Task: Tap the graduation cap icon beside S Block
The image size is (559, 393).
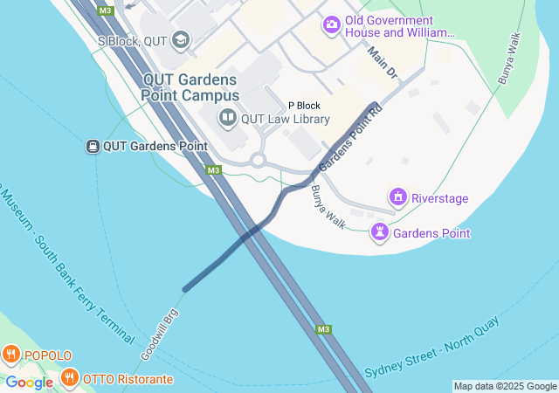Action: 181,38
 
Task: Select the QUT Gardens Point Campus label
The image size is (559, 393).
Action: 191,86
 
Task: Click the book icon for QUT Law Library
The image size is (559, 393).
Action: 227,117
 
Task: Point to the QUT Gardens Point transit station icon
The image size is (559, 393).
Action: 92,146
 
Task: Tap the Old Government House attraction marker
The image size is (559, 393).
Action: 332,24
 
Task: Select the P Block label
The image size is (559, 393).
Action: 304,106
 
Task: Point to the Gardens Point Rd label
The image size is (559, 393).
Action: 350,138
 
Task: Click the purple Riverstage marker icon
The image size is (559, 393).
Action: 398,197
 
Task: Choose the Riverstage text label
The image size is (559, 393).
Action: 440,198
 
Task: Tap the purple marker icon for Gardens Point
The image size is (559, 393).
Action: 379,231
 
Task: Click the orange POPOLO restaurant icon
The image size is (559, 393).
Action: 10,355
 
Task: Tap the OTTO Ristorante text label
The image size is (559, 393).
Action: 128,379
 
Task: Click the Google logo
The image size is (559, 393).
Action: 29,383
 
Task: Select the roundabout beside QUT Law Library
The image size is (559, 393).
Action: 258,160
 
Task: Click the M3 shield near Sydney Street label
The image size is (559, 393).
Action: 323,329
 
